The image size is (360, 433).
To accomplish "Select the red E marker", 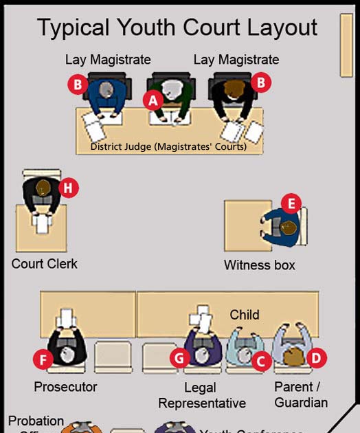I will pos(291,203).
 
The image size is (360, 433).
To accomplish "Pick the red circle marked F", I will pos(43,358).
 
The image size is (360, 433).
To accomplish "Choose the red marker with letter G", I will pos(181,357).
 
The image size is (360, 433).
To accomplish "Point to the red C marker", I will pos(260,358).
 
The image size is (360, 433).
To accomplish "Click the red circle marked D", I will pos(316,357).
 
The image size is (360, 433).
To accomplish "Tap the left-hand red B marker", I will pos(78,85).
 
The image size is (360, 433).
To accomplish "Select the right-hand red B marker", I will pos(260,83).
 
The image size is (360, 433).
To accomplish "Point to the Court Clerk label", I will pos(45,264).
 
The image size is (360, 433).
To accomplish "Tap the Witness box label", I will pos(260,265).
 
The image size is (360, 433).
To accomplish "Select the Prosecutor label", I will pos(65,387).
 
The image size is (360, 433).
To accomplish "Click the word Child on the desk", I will pos(245,315).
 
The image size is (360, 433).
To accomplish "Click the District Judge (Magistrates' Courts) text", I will pos(168,146).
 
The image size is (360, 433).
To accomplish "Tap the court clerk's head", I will pos(44,187).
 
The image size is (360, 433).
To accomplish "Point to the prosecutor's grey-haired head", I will pos(67,354).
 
